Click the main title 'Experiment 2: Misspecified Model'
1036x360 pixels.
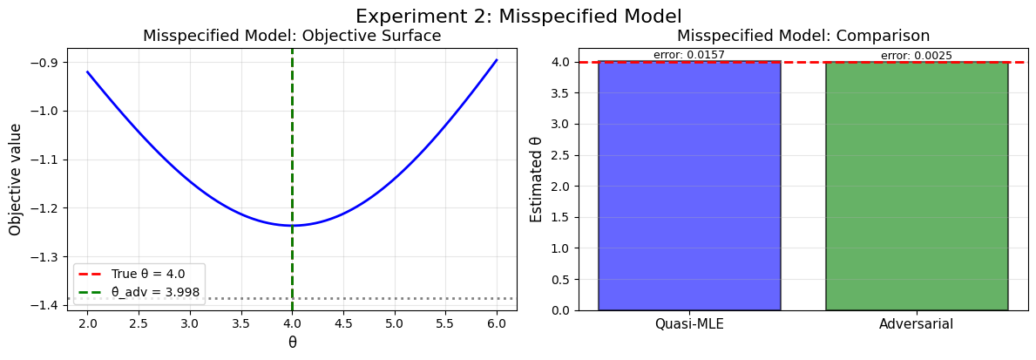tap(518, 16)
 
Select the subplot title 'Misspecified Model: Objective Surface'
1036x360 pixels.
tap(292, 36)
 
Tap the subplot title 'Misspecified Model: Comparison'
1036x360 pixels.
tap(802, 36)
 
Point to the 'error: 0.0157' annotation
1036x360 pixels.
tap(689, 55)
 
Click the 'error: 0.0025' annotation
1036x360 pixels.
tap(917, 56)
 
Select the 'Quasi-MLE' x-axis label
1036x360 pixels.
tap(689, 324)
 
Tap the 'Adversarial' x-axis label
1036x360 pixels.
tap(917, 324)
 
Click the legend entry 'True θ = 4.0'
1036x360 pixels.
tap(146, 274)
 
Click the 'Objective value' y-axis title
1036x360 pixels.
tap(15, 178)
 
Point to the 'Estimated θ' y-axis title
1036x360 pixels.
tap(537, 179)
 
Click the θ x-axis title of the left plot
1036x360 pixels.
tap(292, 343)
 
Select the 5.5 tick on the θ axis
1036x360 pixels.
tap(446, 322)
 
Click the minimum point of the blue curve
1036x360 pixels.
tap(292, 226)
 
